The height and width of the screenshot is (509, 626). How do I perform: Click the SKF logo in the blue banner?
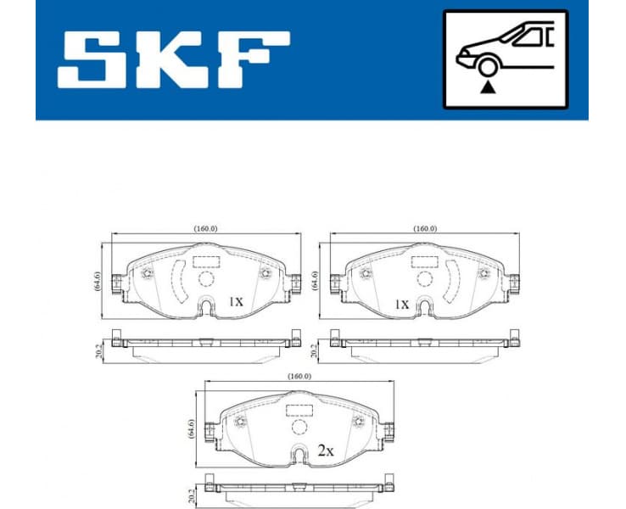point(174,61)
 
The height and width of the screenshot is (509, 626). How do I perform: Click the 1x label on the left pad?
point(236,301)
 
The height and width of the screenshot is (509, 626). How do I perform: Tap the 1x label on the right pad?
point(400,303)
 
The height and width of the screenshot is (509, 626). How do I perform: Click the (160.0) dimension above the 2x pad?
point(299,377)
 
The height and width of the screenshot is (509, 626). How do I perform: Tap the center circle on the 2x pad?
point(299,426)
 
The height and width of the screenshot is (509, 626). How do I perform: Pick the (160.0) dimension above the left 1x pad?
point(206,229)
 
